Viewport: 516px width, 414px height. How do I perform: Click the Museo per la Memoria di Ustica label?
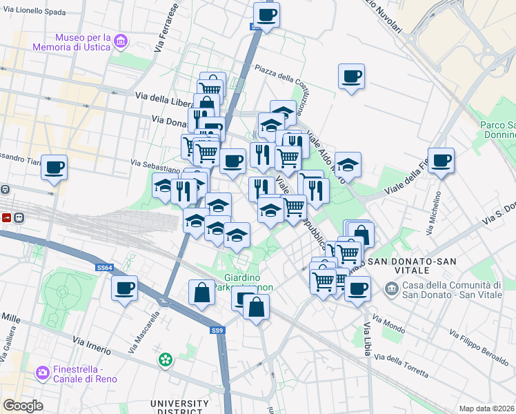click(72, 42)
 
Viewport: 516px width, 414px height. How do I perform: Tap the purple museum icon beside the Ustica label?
click(122, 42)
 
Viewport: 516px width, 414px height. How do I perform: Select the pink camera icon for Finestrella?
click(43, 373)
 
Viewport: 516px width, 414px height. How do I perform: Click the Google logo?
click(23, 406)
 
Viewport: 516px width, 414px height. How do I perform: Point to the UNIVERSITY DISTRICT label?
click(179, 407)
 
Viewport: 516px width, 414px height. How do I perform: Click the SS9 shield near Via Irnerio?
click(217, 331)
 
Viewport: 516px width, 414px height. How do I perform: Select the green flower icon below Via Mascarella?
click(165, 359)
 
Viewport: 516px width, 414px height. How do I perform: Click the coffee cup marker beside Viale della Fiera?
click(441, 160)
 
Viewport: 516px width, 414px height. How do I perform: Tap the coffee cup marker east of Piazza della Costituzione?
click(351, 76)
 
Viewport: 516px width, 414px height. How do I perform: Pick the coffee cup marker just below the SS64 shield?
click(124, 288)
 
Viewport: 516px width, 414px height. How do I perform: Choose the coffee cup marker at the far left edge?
click(54, 166)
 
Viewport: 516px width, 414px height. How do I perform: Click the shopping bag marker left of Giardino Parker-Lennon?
click(201, 292)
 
